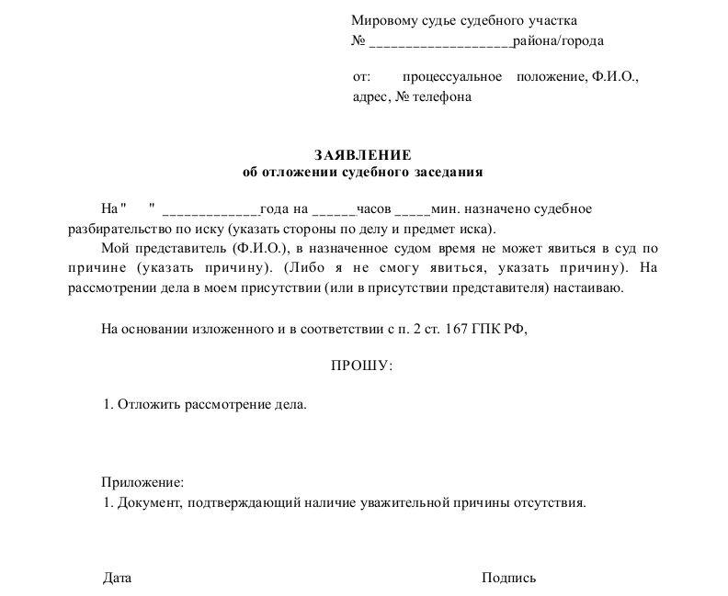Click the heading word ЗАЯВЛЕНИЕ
pos(362,155)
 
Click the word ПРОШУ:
pos(361,366)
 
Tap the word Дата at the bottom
pos(117,578)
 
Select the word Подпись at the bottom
pos(508,578)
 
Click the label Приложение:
pos(142,481)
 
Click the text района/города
pos(559,41)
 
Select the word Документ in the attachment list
pos(150,502)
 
